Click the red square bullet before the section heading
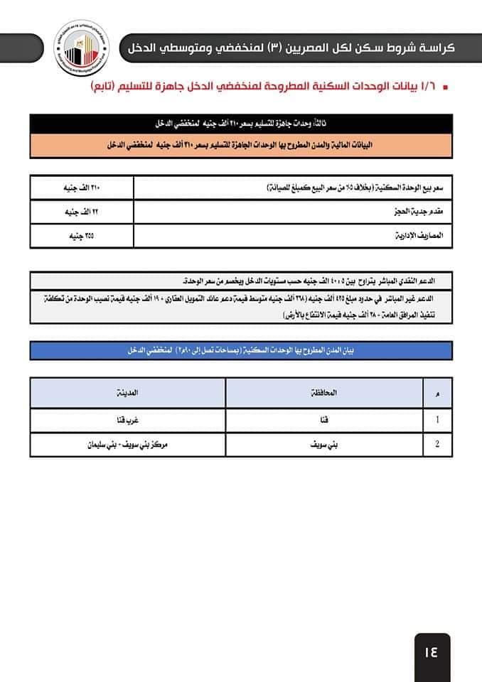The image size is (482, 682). pyautogui.click(x=445, y=87)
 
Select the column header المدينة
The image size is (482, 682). pyautogui.click(x=128, y=392)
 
